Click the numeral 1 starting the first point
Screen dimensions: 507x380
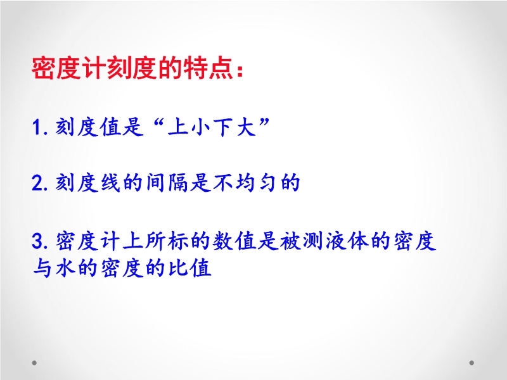pyautogui.click(x=37, y=127)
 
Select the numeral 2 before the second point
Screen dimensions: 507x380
pyautogui.click(x=38, y=182)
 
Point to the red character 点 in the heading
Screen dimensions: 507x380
pyautogui.click(x=221, y=68)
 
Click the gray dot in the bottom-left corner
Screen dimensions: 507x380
pyautogui.click(x=34, y=363)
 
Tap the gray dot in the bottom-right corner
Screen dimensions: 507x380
pyautogui.click(x=472, y=363)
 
